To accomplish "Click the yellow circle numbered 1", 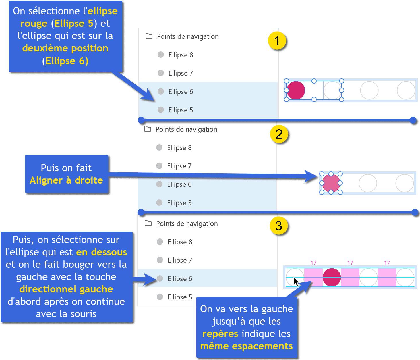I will pyautogui.click(x=277, y=41).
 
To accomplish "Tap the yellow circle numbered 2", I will pyautogui.click(x=279, y=134).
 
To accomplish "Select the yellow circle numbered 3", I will pyautogui.click(x=279, y=226).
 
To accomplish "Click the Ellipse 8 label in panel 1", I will pyautogui.click(x=181, y=55).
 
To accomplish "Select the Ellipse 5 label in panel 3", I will pyautogui.click(x=180, y=297).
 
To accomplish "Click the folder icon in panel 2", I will pyautogui.click(x=148, y=129).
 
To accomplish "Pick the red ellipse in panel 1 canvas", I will pyautogui.click(x=296, y=90).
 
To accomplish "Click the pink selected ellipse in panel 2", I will pyautogui.click(x=331, y=183).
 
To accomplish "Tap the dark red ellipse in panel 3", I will pyautogui.click(x=332, y=278).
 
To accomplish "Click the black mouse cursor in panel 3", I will pyautogui.click(x=296, y=282).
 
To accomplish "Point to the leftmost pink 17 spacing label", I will pyautogui.click(x=313, y=263).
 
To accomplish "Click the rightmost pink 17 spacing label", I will pyautogui.click(x=387, y=263).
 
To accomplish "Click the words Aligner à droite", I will pyautogui.click(x=66, y=180).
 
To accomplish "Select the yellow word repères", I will pyautogui.click(x=220, y=334).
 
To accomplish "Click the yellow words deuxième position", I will pyautogui.click(x=65, y=48).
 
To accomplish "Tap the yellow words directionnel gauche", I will pyautogui.click(x=66, y=289).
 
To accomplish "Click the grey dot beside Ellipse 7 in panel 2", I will pyautogui.click(x=159, y=166).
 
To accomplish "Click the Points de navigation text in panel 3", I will pyautogui.click(x=187, y=224).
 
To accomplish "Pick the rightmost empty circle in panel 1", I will pyautogui.click(x=406, y=90).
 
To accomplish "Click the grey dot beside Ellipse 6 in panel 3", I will pyautogui.click(x=160, y=278).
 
